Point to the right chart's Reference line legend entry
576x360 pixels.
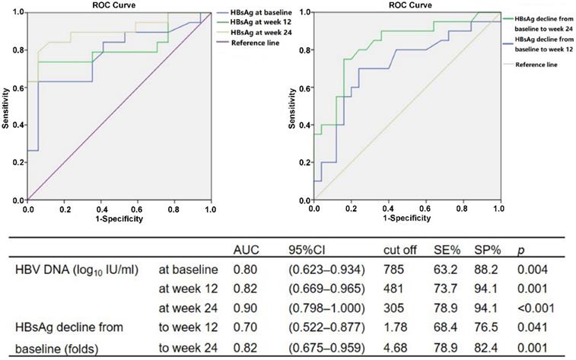537,65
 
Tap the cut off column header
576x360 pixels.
400,248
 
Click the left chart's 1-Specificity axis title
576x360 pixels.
119,219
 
